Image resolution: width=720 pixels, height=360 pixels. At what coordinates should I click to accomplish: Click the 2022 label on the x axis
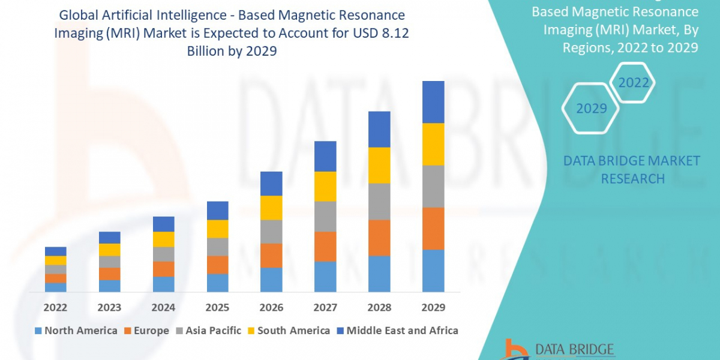pyautogui.click(x=56, y=307)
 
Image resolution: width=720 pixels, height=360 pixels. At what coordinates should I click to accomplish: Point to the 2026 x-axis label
pyautogui.click(x=271, y=307)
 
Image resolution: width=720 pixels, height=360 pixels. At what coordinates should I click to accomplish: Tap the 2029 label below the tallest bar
pyautogui.click(x=433, y=307)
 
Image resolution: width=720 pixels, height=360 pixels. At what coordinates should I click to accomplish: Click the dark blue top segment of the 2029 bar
pyautogui.click(x=433, y=102)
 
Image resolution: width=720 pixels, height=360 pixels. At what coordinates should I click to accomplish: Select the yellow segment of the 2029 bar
pyautogui.click(x=433, y=144)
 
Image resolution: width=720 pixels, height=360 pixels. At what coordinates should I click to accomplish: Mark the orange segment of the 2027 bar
pyautogui.click(x=325, y=247)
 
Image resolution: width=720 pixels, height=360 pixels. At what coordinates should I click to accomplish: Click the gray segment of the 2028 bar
pyautogui.click(x=379, y=202)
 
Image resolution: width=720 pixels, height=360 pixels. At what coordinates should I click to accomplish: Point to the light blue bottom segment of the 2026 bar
pyautogui.click(x=271, y=280)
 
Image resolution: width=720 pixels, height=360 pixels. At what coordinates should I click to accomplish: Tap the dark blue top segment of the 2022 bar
pyautogui.click(x=56, y=251)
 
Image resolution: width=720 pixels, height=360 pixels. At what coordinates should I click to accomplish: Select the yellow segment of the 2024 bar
pyautogui.click(x=164, y=239)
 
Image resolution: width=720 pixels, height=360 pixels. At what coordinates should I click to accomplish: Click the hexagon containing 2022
pyautogui.click(x=634, y=83)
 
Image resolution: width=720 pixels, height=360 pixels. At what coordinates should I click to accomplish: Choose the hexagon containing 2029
pyautogui.click(x=591, y=109)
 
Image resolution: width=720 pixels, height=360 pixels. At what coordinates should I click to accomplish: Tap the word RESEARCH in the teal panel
pyautogui.click(x=632, y=179)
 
